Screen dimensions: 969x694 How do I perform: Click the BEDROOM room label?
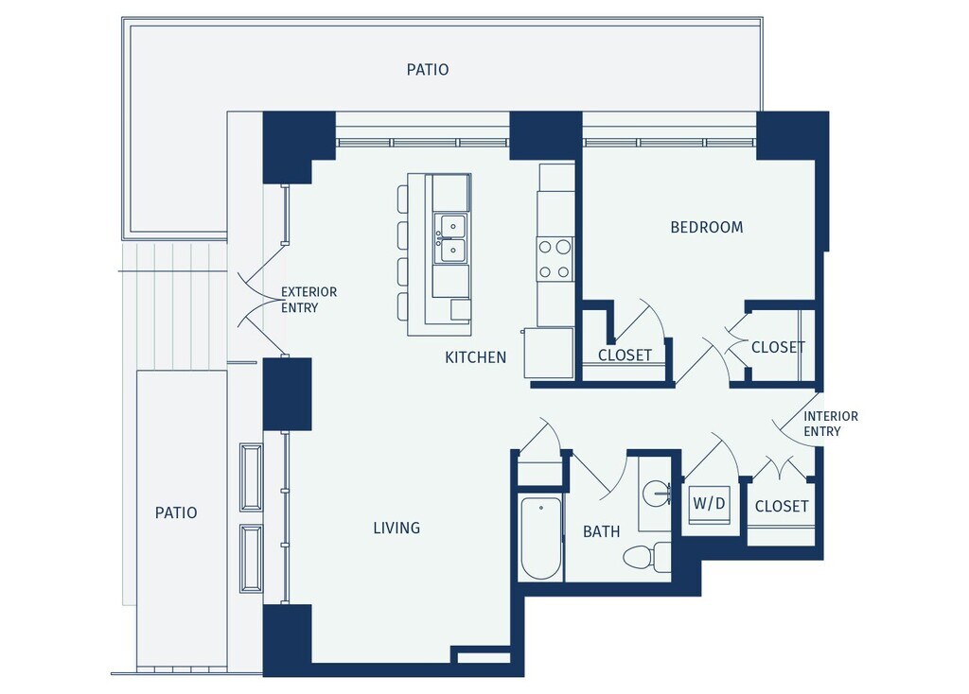(706, 227)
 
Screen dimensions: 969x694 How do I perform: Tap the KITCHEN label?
(475, 357)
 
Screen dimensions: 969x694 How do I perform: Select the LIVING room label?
(396, 528)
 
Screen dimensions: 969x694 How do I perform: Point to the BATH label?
(601, 531)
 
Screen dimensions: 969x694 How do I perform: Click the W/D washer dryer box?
(710, 503)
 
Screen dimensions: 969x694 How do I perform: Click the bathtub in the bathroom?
(540, 537)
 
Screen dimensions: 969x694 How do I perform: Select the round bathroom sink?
(657, 494)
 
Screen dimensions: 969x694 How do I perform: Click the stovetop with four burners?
(555, 259)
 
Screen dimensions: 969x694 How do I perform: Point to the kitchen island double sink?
(449, 238)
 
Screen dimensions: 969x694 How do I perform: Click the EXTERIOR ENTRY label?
(309, 300)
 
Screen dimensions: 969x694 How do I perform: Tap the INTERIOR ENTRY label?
(831, 424)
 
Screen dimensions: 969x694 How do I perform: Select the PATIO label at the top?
(428, 70)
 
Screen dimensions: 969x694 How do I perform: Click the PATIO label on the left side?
(176, 512)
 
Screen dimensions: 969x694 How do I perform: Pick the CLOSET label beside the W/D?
(782, 506)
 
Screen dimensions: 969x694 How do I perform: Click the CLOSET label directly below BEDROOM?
(625, 355)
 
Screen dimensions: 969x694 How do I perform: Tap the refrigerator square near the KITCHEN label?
(549, 353)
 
